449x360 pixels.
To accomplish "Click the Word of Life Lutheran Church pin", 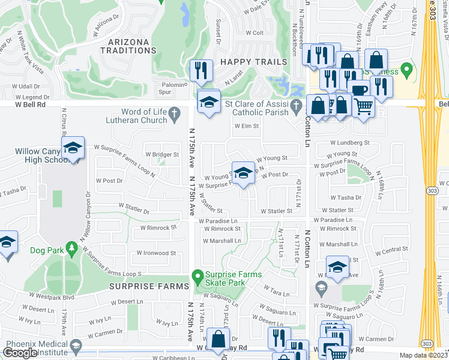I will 174,113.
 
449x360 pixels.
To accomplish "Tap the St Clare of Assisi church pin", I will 295,107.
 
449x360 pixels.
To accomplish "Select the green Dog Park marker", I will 72,247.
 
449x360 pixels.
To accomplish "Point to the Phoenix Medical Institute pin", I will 75,346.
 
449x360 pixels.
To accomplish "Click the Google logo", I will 20,353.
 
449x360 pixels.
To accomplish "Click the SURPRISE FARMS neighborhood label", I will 149,287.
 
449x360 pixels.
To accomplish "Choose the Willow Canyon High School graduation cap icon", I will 73,149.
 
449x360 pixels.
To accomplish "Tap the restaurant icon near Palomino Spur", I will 201,70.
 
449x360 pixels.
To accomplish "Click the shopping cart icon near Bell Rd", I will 363,106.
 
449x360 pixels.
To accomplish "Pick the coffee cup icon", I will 359,91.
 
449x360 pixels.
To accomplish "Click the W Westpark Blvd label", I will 52,296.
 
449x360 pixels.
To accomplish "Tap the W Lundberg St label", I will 349,143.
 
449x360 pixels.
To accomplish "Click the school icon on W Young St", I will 243,173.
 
